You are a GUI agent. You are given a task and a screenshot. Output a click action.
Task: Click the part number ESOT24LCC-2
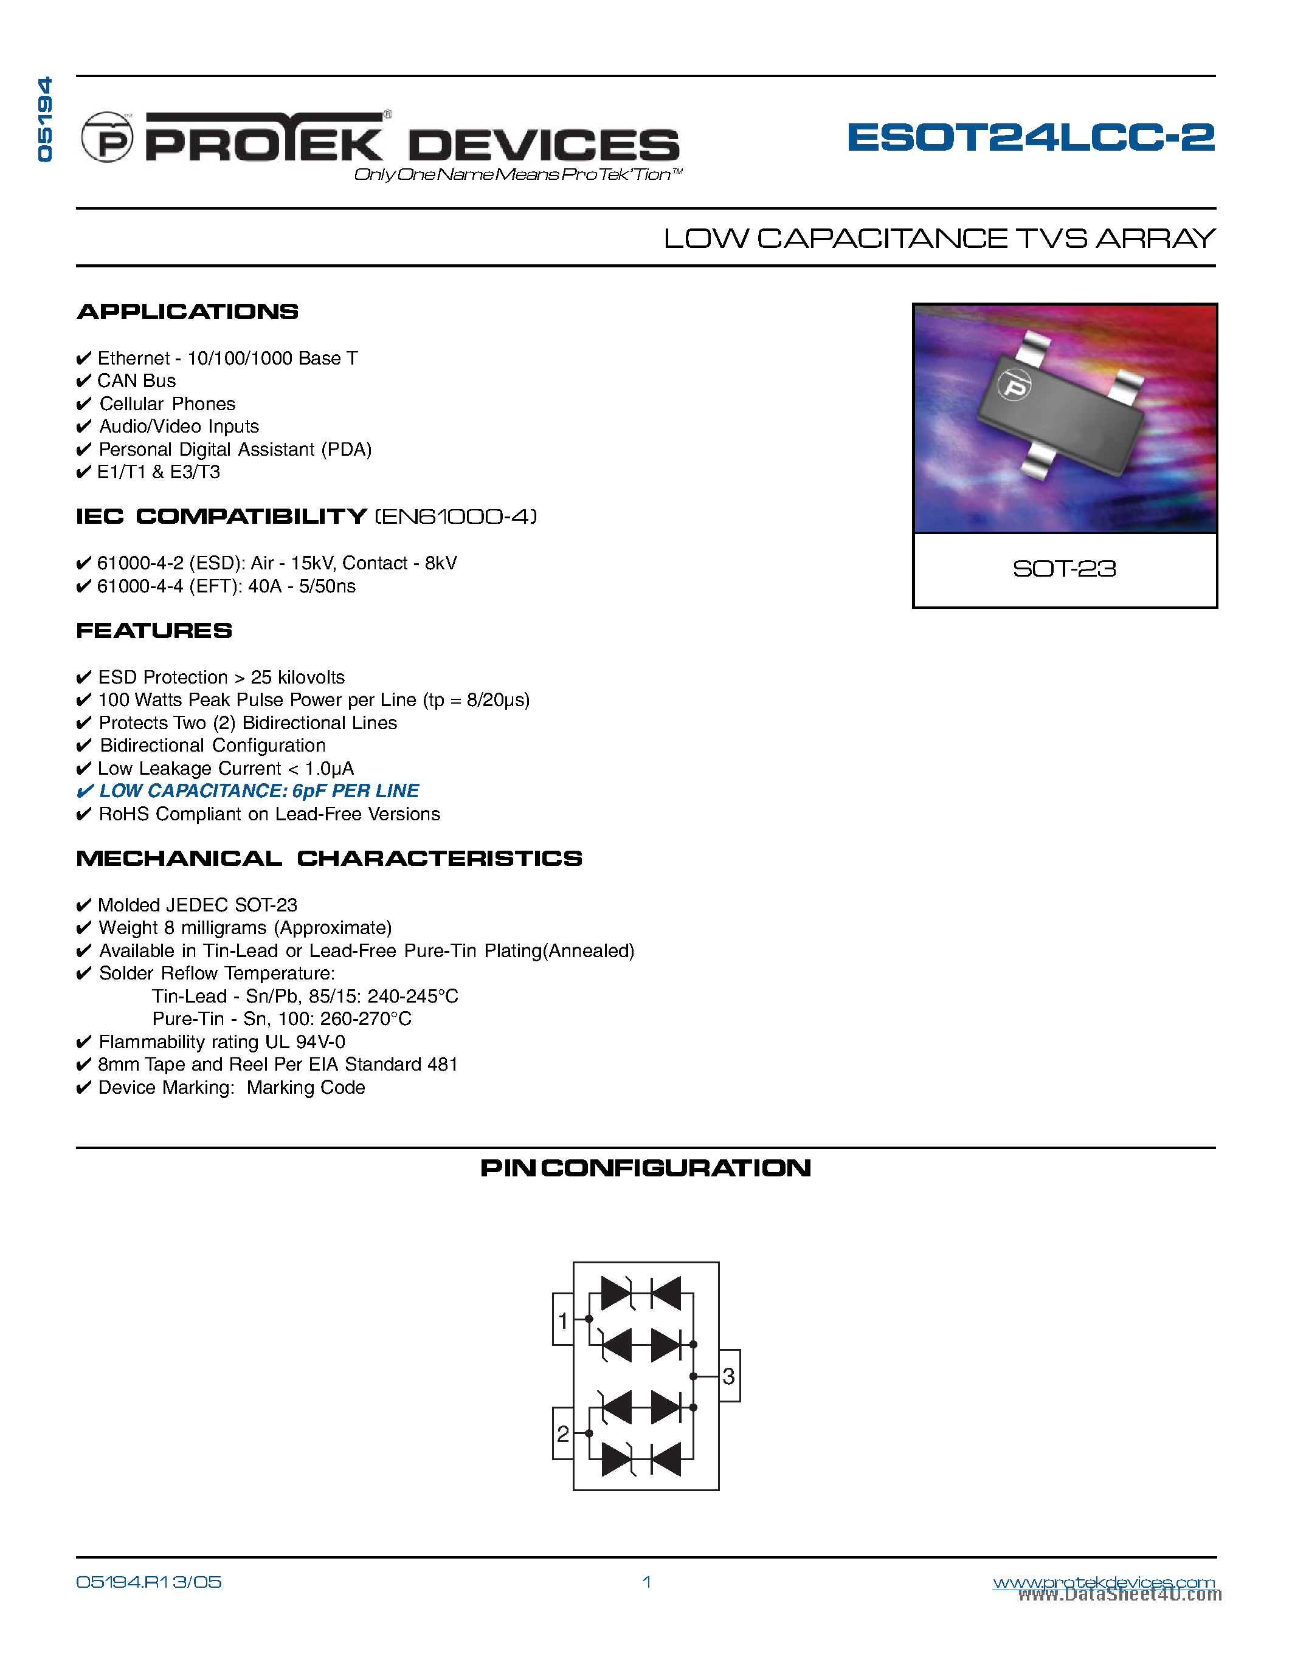1030,138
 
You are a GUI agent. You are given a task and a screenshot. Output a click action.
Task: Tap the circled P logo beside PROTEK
107,139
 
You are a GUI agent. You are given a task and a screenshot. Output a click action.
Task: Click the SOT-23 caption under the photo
1064,569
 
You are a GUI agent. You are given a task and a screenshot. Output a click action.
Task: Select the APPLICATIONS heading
187,311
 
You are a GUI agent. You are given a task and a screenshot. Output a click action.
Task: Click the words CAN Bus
136,381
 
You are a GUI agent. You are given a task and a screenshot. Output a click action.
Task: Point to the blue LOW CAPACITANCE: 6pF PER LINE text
259,791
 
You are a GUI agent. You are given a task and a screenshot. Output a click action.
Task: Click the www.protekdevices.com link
1103,1582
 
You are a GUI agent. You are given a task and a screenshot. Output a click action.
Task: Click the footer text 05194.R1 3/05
148,1582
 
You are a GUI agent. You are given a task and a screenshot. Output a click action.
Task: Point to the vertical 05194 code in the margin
45,119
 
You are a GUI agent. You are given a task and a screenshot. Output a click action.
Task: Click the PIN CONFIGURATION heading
645,1168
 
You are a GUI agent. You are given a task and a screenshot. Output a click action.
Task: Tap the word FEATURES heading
154,631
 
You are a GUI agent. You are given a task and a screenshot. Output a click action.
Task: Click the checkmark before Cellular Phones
83,404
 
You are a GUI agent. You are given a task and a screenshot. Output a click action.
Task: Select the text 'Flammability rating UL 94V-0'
221,1042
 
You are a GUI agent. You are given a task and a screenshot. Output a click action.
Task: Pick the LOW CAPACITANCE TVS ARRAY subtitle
939,239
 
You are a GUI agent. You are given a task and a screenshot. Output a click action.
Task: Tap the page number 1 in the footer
647,1582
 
